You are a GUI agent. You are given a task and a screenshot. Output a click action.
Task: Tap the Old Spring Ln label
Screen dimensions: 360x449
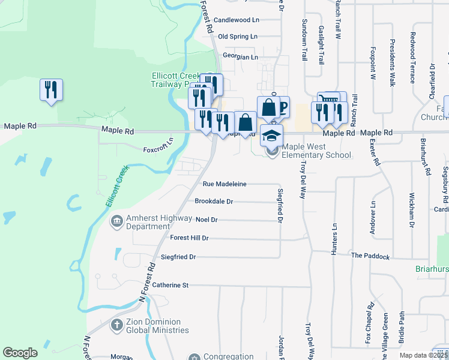pyautogui.click(x=238, y=37)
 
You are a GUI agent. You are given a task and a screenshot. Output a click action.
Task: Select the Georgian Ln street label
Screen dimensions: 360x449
pyautogui.click(x=240, y=57)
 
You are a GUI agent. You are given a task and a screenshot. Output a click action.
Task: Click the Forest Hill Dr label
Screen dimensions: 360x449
pyautogui.click(x=189, y=238)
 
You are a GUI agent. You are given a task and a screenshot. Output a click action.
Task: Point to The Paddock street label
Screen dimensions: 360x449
pyautogui.click(x=370, y=256)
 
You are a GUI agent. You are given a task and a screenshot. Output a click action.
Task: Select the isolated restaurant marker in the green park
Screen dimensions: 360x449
pyautogui.click(x=50, y=90)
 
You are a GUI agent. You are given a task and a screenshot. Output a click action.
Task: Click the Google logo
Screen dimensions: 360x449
pyautogui.click(x=20, y=353)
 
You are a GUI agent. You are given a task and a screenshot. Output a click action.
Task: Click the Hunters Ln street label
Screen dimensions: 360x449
pyautogui.click(x=334, y=239)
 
